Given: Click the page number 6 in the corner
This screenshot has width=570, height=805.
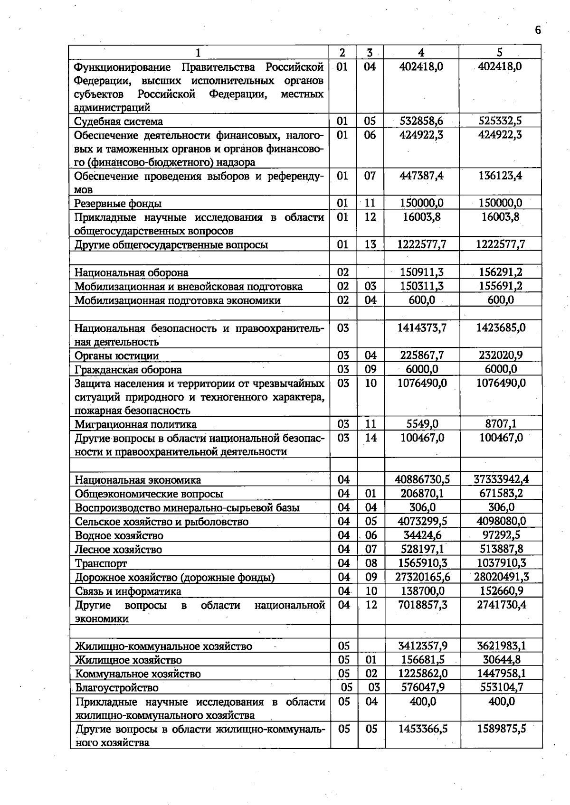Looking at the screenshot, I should (537, 30).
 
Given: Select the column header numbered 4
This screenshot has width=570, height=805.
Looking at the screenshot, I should (421, 53).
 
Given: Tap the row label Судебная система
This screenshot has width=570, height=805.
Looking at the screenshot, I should (118, 122).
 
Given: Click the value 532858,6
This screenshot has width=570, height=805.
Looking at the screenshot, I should (421, 121).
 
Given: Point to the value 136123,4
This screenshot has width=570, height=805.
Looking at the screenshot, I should (500, 176).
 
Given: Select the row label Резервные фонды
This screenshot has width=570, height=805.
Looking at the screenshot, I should (118, 204).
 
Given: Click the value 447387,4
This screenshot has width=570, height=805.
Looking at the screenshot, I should (421, 176).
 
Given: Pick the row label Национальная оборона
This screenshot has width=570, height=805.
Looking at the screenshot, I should (131, 272).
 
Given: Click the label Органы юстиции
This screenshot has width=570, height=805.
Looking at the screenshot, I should (116, 356).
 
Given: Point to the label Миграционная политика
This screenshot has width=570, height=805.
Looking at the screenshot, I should (135, 424).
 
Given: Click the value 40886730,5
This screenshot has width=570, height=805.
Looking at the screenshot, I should (422, 480).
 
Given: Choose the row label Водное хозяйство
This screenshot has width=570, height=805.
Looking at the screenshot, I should (119, 535).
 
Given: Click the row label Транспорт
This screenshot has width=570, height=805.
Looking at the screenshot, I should (101, 563).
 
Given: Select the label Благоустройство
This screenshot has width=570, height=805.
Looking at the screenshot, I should (117, 688).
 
